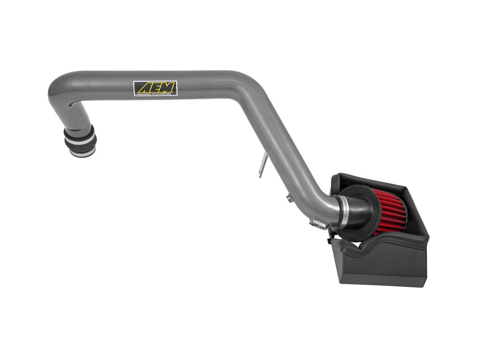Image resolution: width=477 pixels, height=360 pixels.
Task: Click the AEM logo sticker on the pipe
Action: point(155,88)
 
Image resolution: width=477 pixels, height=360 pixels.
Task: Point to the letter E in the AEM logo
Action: point(155,87)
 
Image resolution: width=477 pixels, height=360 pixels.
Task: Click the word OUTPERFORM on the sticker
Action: point(164,94)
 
